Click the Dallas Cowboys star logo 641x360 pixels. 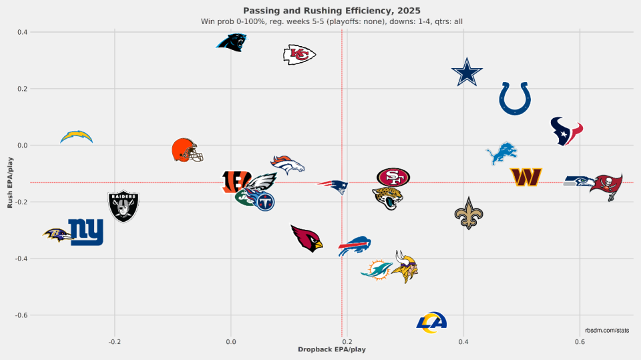pyautogui.click(x=467, y=73)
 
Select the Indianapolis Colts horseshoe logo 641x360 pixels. pyautogui.click(x=515, y=99)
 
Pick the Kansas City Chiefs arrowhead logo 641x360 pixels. pyautogui.click(x=299, y=55)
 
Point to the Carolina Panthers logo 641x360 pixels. pyautogui.click(x=232, y=42)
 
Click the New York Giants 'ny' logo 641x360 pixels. pyautogui.click(x=86, y=232)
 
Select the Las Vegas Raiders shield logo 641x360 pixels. pyautogui.click(x=124, y=206)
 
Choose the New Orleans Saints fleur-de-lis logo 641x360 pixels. pyautogui.click(x=468, y=213)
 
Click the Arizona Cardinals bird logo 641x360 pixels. pyautogui.click(x=306, y=238)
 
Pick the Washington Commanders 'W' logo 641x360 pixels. pyautogui.click(x=525, y=177)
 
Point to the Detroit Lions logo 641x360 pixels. pyautogui.click(x=501, y=154)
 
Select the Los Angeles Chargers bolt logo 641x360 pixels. pyautogui.click(x=76, y=137)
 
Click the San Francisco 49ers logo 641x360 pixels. pyautogui.click(x=393, y=177)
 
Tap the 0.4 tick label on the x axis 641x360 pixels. pyautogui.click(x=463, y=341)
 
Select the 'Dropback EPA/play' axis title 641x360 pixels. pyautogui.click(x=331, y=349)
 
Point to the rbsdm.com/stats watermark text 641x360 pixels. pyautogui.click(x=606, y=330)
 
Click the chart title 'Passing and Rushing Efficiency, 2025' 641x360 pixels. pyautogui.click(x=332, y=11)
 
